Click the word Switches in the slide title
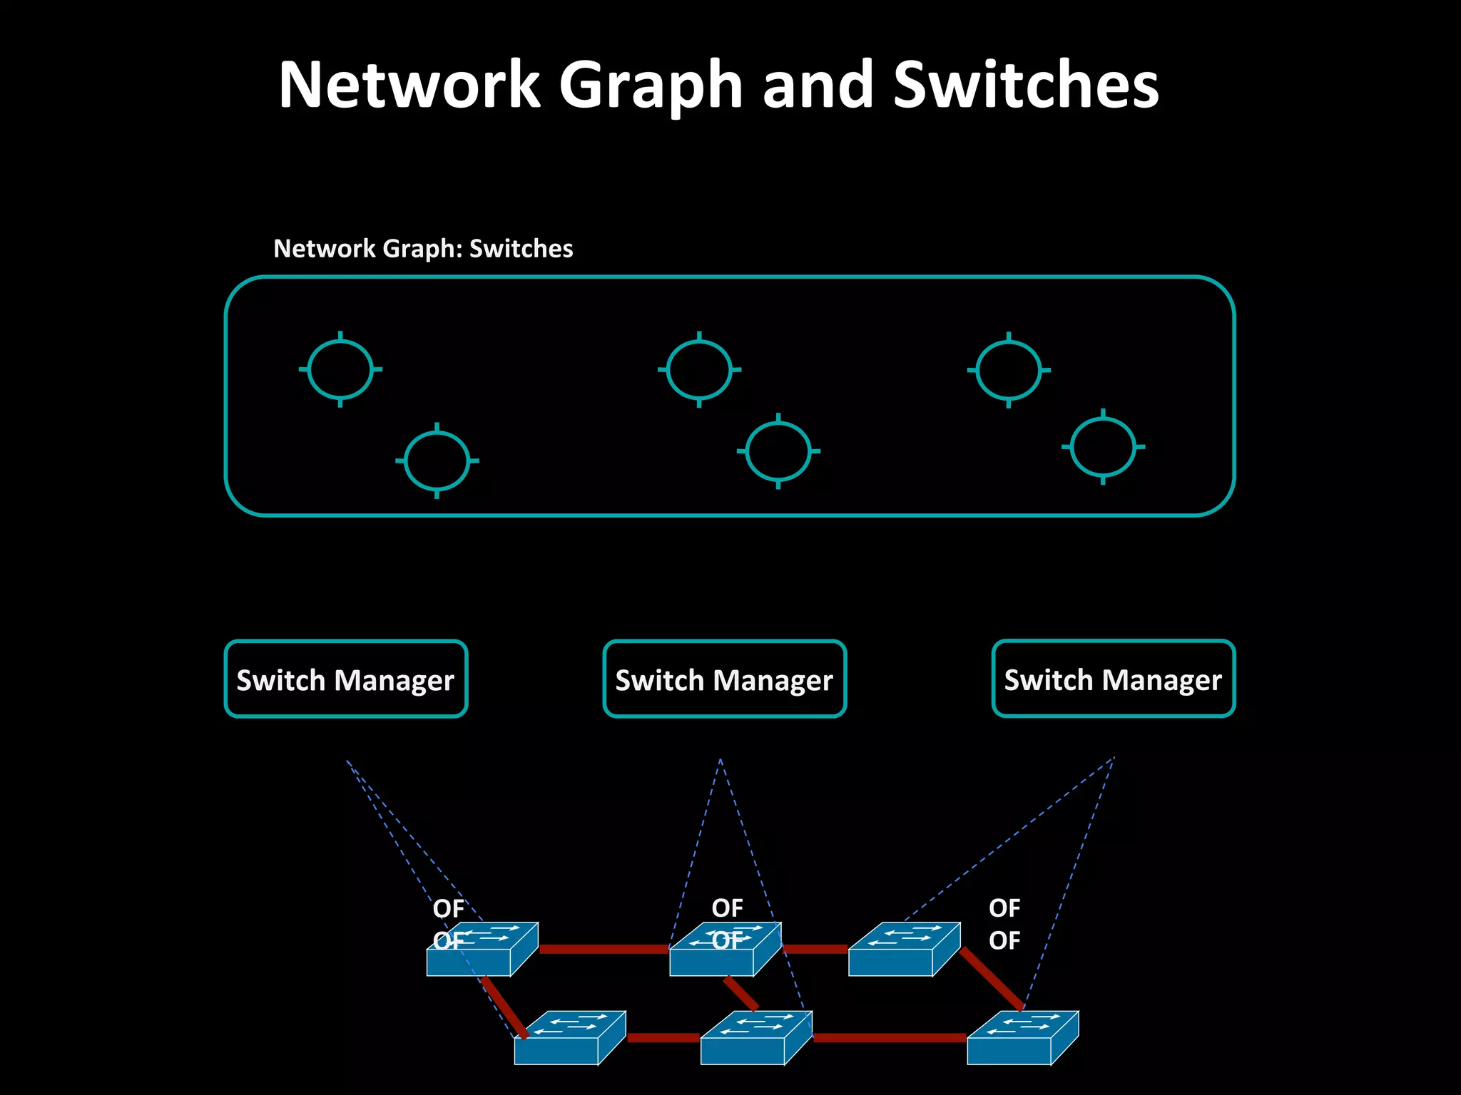coord(1026,86)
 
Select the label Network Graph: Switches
coord(423,249)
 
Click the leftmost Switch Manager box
coord(346,679)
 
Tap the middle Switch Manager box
coord(724,679)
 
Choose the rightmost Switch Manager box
coord(1113,679)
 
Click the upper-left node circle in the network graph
coord(340,369)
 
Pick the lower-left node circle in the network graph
coord(437,461)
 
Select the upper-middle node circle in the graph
coord(699,369)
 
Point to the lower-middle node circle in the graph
coord(778,451)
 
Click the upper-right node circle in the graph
coord(1009,370)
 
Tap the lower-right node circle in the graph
coord(1103,447)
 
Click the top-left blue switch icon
coord(482,950)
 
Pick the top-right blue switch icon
coord(903,950)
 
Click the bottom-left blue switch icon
coord(569,1039)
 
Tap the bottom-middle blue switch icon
coord(755,1039)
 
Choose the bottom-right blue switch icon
coord(1022,1039)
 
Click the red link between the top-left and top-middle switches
coord(604,949)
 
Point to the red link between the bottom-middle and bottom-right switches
coord(889,1037)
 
